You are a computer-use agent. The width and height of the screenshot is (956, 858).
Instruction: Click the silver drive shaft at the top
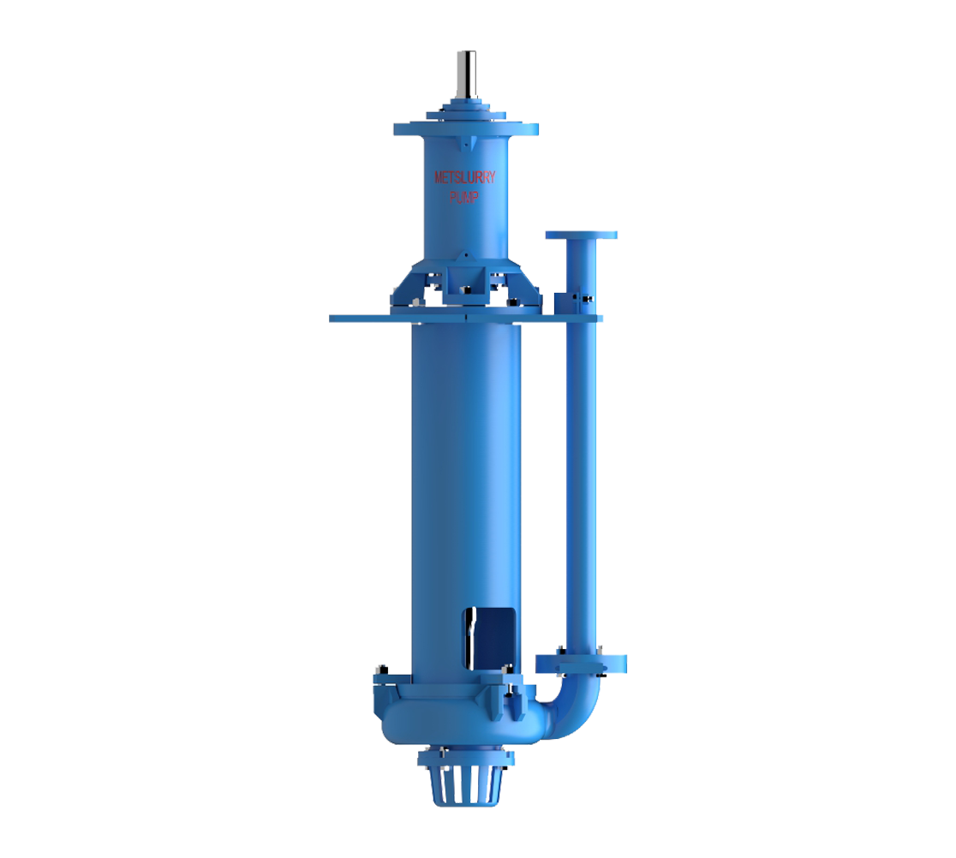466,74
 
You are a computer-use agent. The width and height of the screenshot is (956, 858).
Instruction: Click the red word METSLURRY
464,177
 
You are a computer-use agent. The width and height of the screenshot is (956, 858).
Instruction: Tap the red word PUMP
464,197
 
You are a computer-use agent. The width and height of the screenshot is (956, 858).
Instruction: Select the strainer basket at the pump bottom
466,785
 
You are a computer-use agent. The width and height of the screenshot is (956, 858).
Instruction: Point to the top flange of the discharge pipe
581,235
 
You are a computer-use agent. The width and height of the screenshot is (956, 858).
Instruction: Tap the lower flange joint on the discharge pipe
581,664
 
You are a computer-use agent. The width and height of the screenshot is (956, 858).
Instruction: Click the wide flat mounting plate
466,318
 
